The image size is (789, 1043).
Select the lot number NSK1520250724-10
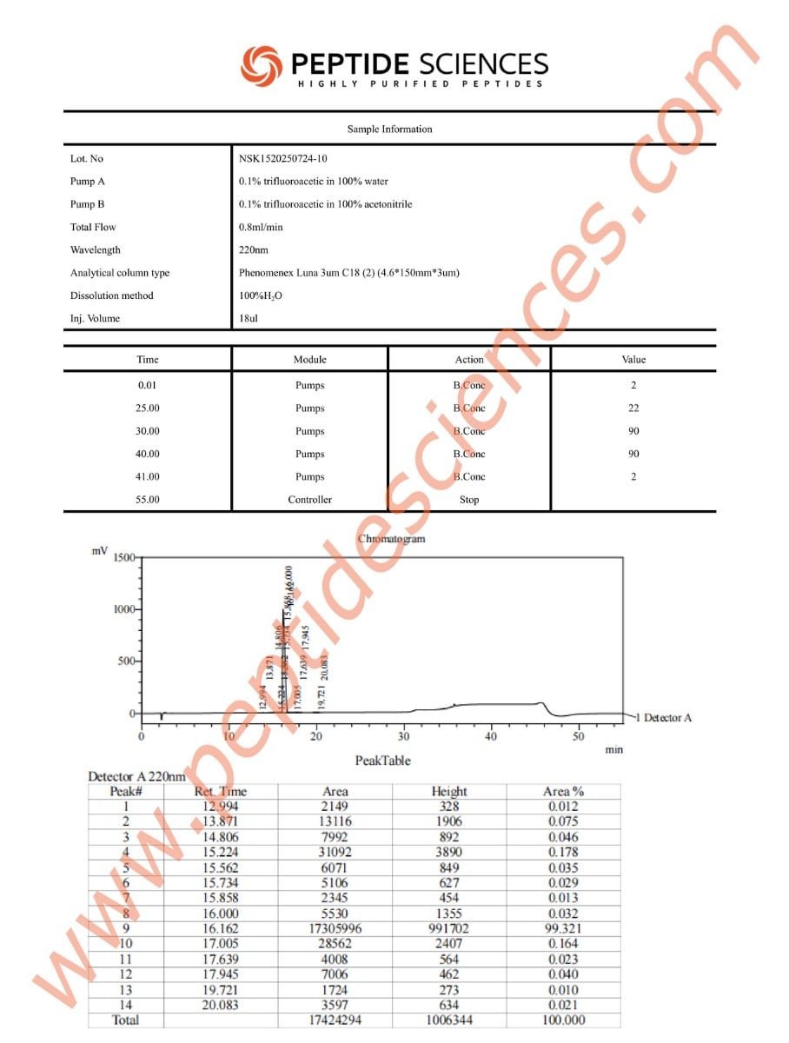click(283, 159)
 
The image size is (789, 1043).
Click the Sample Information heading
click(389, 130)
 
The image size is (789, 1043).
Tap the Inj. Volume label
click(95, 318)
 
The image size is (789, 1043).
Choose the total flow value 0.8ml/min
click(261, 228)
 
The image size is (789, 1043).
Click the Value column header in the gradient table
click(633, 359)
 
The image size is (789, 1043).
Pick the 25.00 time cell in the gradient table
click(148, 409)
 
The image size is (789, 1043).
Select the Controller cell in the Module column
click(309, 500)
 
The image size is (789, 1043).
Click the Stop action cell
click(468, 500)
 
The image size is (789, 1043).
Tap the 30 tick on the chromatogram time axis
click(404, 736)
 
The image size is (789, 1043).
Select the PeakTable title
click(382, 761)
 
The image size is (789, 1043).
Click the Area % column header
click(563, 791)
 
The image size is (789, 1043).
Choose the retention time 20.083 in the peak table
click(219, 1006)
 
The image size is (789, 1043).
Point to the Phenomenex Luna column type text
click(348, 273)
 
